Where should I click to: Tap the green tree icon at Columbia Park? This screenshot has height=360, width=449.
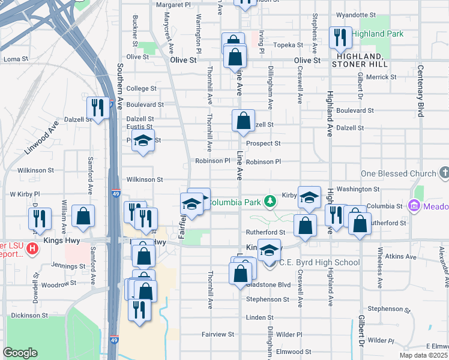click(271, 200)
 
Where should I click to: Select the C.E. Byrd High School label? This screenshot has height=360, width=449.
click(320, 262)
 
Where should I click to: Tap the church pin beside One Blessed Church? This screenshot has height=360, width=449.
click(444, 174)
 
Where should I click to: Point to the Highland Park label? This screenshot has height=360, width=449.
click(378, 34)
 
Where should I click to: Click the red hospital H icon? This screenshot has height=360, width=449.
click(34, 247)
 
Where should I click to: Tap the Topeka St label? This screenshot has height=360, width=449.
click(289, 45)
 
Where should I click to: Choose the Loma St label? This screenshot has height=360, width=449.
click(16, 59)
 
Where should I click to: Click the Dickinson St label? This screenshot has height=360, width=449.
click(29, 315)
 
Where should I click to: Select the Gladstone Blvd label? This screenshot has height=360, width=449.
click(268, 285)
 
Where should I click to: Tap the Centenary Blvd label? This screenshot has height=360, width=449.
click(421, 91)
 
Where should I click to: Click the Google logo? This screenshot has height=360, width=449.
click(20, 353)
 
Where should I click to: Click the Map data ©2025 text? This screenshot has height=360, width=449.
click(423, 355)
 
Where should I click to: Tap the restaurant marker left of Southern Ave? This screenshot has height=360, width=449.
click(97, 108)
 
